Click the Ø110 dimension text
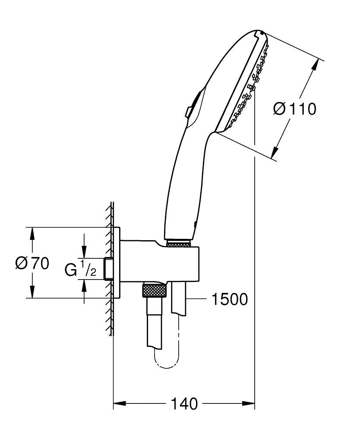point(295,109)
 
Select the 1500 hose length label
point(230,299)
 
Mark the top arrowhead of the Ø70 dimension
point(32,233)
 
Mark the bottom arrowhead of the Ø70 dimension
point(32,292)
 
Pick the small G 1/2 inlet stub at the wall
point(109,269)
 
